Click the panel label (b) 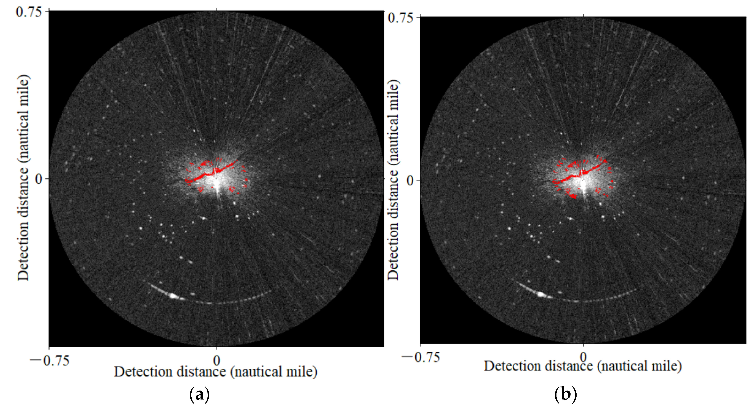pos(565,395)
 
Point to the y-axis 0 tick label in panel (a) pos(39,179)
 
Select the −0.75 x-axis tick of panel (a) pos(50,361)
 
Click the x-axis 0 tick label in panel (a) pos(217,361)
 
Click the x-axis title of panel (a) pos(216,372)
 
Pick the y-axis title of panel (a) pos(23,178)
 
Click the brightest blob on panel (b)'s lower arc pos(540,294)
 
